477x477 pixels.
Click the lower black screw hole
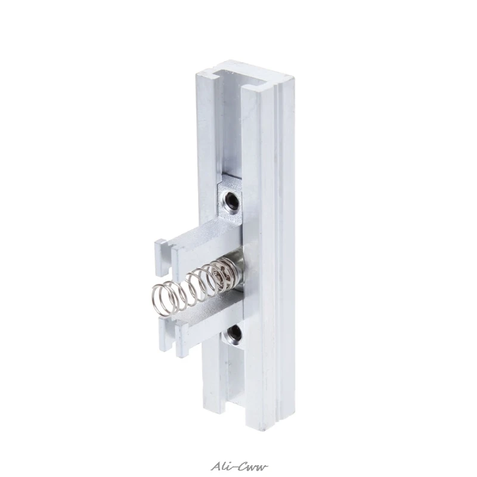coord(235,333)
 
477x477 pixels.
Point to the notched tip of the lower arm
coord(171,337)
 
